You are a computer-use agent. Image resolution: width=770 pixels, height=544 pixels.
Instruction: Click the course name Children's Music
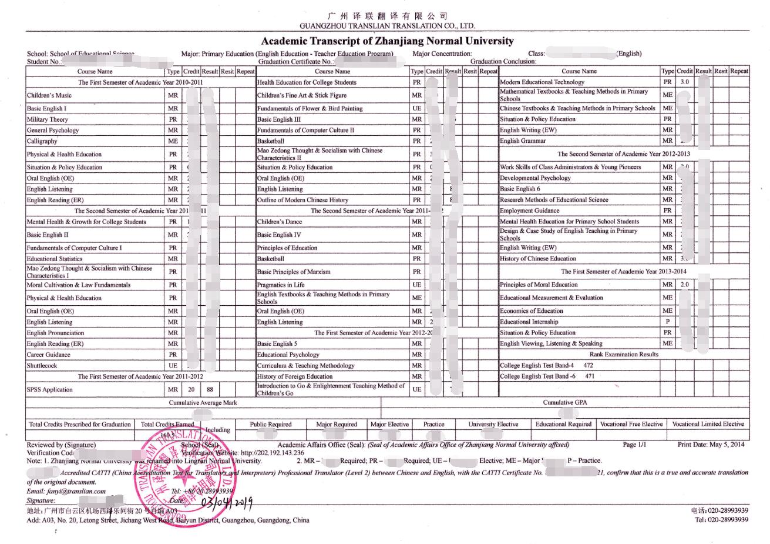[49, 95]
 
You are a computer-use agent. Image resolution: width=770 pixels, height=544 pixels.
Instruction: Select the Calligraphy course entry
[42, 141]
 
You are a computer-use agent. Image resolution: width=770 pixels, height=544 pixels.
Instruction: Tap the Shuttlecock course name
[42, 366]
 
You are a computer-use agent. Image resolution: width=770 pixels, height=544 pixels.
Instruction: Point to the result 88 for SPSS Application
[210, 389]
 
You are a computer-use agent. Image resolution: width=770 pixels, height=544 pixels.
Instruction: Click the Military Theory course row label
[48, 119]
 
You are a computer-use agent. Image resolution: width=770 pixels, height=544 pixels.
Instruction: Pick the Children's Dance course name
[280, 222]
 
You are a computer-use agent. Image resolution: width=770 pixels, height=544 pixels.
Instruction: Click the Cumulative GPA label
[564, 403]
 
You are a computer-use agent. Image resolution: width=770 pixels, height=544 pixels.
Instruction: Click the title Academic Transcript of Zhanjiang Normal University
[387, 41]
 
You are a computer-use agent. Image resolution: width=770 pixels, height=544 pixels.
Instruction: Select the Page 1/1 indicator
[634, 445]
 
